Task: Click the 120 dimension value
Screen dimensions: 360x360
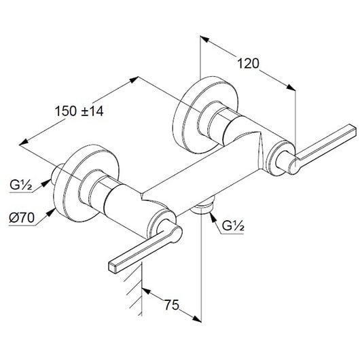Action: tap(248, 64)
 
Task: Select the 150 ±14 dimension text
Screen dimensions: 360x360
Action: tap(79, 111)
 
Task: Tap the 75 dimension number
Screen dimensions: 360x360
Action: tap(171, 305)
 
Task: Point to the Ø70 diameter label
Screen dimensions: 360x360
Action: tap(22, 217)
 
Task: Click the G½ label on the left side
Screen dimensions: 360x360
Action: tap(20, 185)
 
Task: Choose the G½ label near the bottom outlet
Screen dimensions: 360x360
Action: tap(233, 226)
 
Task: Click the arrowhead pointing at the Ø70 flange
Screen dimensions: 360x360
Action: tap(52, 212)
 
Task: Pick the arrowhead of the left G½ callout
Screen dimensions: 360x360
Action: tap(46, 183)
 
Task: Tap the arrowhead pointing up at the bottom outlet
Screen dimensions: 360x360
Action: tap(213, 217)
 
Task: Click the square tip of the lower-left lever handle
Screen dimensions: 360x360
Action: tap(111, 268)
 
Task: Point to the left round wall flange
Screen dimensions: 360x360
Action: tap(86, 183)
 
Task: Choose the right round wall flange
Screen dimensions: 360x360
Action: tap(206, 114)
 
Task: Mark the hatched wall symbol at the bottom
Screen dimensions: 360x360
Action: tap(134, 289)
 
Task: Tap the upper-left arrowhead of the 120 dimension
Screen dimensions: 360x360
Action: tap(204, 39)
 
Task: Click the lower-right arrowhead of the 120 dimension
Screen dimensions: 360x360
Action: tap(291, 87)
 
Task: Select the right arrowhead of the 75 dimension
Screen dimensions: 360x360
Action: tap(196, 319)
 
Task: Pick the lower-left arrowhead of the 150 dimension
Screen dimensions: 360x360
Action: tap(24, 142)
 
